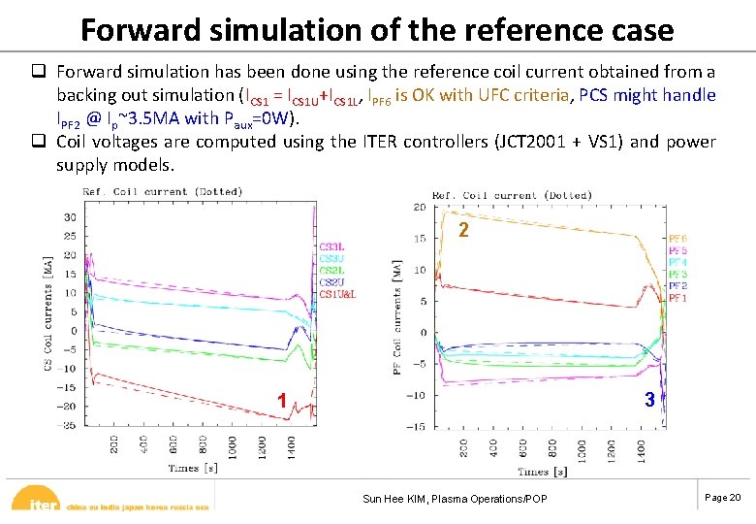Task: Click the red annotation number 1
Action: point(281,400)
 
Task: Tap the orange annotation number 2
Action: point(464,231)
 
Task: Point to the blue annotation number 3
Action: point(650,399)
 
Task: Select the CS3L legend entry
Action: point(331,246)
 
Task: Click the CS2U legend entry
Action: point(331,281)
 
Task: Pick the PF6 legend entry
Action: point(677,239)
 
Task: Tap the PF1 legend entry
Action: point(677,299)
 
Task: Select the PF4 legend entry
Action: point(677,263)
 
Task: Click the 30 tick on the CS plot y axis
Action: point(70,216)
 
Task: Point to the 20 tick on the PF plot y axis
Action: point(419,207)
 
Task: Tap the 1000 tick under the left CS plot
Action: point(233,447)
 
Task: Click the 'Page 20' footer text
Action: point(722,498)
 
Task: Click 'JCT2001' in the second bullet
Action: point(519,143)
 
